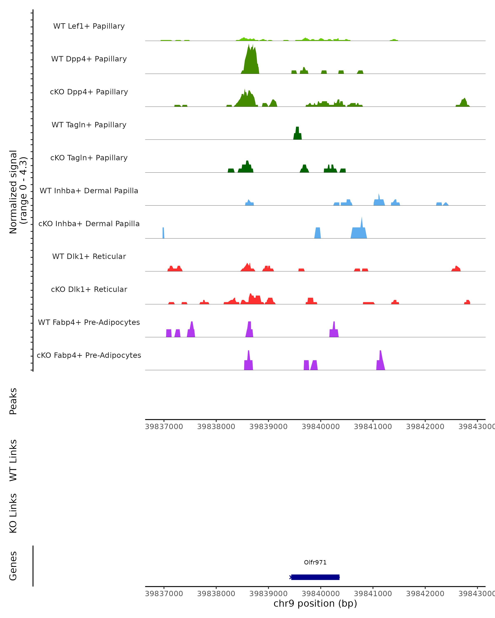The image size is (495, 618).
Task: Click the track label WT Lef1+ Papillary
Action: coord(89,26)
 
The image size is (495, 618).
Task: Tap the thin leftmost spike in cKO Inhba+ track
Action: coord(163,233)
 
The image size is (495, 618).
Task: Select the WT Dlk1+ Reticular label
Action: coord(89,256)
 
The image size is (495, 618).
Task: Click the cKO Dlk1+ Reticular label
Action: coord(89,289)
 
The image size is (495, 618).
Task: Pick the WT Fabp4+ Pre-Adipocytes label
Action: coord(89,322)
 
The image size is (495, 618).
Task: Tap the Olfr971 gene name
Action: coord(315,562)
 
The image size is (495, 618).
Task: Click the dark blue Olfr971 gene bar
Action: coord(315,577)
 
